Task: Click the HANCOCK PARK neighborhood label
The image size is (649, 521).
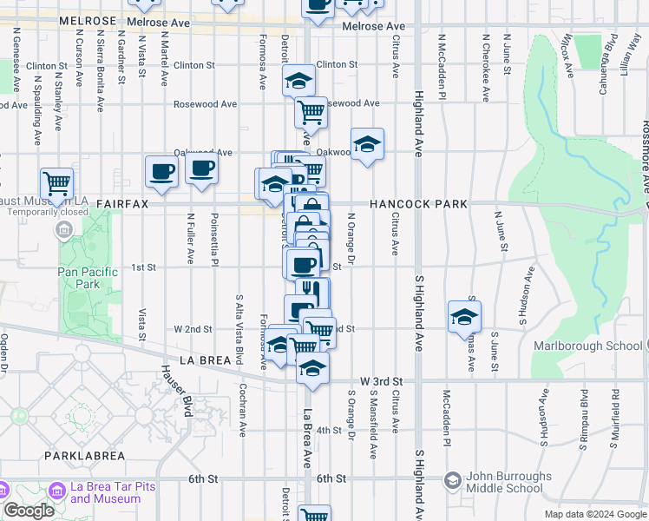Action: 418,204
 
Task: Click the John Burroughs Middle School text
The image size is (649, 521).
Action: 508,483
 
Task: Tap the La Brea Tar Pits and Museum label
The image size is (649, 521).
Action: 113,492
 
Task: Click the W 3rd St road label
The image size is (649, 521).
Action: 382,381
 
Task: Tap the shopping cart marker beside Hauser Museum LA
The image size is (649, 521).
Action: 57,183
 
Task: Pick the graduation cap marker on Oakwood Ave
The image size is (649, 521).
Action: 367,143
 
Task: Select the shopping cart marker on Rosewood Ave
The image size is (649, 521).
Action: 311,111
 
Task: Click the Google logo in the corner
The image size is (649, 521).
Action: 29,511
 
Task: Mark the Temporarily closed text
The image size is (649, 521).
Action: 51,212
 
